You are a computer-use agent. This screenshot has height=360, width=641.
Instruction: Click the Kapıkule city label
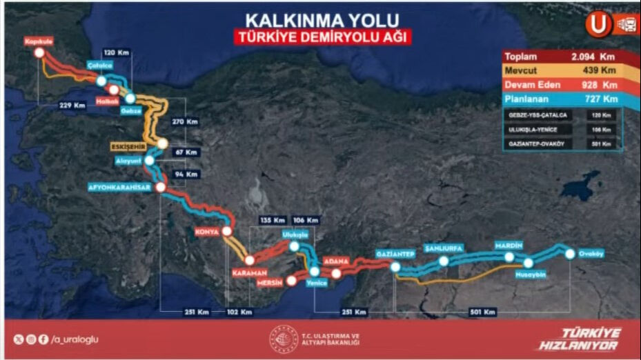coord(39,41)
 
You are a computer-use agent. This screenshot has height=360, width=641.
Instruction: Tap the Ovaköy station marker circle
coord(570,254)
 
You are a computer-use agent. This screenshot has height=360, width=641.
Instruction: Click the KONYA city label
coord(207,232)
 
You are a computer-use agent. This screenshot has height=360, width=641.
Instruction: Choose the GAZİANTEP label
coord(395,254)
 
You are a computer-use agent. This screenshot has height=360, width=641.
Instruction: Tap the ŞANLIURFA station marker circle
coord(444,261)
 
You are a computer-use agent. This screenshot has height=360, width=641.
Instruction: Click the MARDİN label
coord(509,246)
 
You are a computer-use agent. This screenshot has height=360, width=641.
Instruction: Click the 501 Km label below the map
coord(482,312)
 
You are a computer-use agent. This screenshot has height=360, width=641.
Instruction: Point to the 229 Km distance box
coord(72,106)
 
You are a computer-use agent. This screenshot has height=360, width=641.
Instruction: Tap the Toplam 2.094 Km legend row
coord(562,57)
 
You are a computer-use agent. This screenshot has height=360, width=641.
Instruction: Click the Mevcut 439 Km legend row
coord(562,71)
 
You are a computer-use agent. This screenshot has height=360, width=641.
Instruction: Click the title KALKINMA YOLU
coord(322,18)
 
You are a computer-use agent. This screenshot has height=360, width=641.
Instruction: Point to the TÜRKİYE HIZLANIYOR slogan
coord(580,339)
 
